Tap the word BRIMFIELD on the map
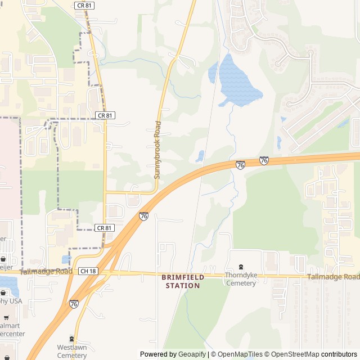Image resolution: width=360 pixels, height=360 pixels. click(183, 277)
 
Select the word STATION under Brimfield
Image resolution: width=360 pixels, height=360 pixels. click(183, 286)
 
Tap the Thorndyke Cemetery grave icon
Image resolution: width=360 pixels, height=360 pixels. click(241, 267)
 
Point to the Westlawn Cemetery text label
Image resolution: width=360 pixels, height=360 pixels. click(71, 352)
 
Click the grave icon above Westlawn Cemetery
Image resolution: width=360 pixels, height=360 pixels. click(71, 339)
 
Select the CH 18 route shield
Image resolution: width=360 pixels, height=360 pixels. click(88, 271)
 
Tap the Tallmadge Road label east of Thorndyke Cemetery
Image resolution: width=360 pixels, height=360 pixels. click(333, 277)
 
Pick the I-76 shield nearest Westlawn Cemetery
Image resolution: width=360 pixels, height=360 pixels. click(74, 304)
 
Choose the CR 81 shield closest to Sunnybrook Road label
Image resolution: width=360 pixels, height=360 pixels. click(105, 115)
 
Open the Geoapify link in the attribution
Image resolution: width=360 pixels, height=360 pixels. click(192, 354)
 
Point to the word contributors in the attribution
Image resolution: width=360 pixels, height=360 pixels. click(339, 354)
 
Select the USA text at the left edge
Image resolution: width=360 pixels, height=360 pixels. click(15, 301)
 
